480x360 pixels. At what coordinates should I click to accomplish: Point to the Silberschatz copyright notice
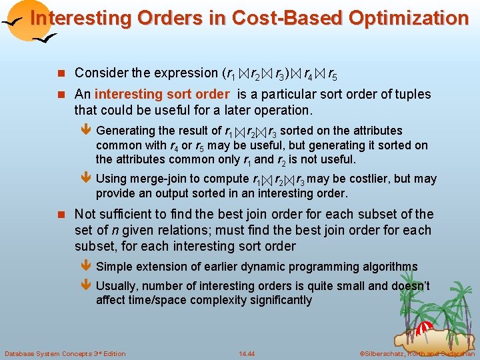click(x=417, y=353)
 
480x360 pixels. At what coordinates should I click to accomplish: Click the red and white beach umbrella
click(x=424, y=329)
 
